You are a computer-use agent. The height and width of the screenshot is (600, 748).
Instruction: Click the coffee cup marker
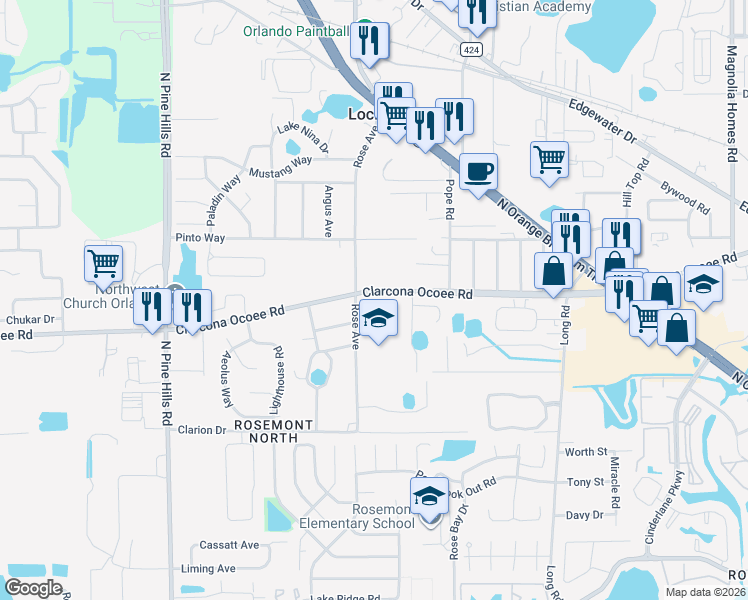point(479,170)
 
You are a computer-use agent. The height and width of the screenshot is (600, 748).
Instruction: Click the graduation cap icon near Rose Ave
point(378,320)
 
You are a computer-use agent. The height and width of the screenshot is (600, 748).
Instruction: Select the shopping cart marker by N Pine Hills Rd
point(103,263)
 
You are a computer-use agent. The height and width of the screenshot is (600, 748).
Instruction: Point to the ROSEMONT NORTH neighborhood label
point(273,425)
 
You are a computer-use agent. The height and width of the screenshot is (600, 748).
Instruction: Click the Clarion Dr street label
point(201,430)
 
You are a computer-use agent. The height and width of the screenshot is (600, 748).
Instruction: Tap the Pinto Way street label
point(200,238)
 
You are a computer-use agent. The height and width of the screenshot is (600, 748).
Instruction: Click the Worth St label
point(587,452)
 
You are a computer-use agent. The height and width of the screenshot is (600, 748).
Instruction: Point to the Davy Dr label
point(584,515)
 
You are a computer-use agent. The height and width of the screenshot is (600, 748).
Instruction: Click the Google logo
point(33,588)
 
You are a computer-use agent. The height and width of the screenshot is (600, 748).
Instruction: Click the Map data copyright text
point(705,592)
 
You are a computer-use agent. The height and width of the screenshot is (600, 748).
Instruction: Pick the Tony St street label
point(586,482)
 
